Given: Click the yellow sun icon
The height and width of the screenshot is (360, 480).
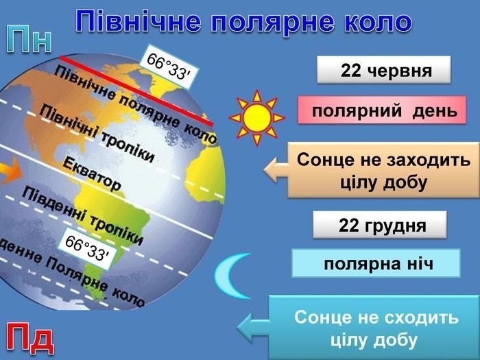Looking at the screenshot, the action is pos(257,117).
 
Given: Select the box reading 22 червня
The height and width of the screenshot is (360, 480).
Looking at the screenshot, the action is pos(383,70).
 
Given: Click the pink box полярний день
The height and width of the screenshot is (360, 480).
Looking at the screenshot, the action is pos(382,110).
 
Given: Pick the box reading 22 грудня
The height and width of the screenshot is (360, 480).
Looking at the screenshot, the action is pos(380,225).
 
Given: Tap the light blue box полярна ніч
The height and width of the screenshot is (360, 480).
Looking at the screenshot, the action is pos(376,263).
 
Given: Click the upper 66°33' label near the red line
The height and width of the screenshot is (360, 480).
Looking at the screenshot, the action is pos(169,67).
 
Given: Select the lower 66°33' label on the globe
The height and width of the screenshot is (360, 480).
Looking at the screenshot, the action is pos(87,248).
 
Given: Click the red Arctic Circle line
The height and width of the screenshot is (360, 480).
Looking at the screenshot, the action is pos(136,91).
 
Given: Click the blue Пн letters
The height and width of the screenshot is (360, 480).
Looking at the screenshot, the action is pos(29,39).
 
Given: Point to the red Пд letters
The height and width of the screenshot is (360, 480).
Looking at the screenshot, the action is pos(29,338).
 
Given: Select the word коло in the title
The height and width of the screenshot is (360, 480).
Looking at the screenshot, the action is pos(378,22).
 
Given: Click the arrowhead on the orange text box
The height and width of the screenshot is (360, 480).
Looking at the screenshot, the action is pos(276,170).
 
